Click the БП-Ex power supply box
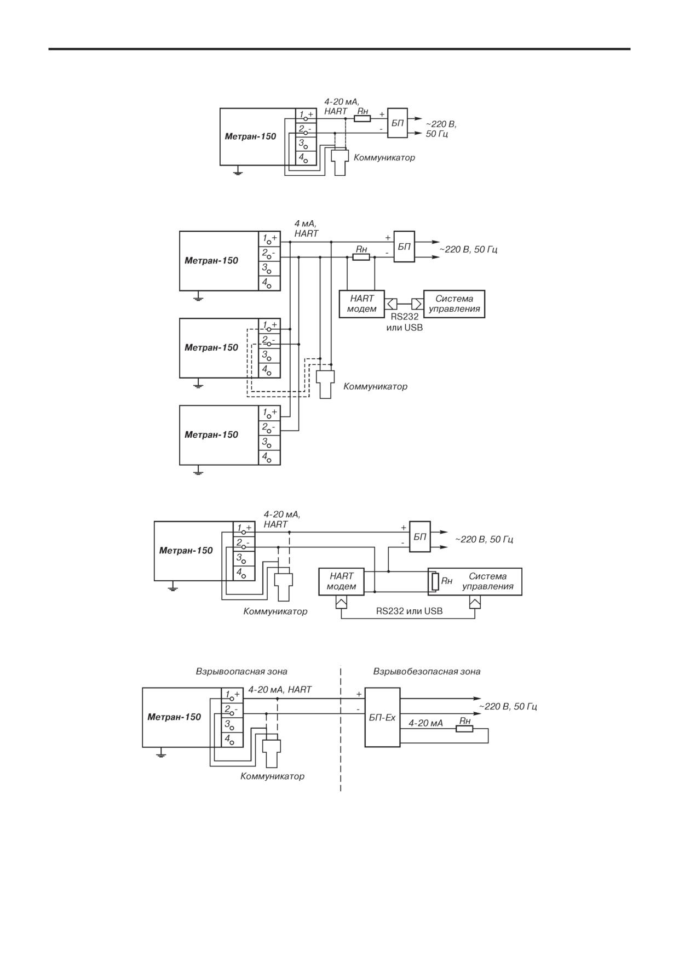[382, 717]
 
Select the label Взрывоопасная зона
[241, 671]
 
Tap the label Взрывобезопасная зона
[427, 671]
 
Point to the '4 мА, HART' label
[306, 228]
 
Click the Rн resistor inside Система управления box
[435, 581]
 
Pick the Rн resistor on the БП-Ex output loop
[465, 728]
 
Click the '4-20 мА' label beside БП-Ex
[425, 723]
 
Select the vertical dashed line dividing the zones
[341, 729]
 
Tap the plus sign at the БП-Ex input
[359, 694]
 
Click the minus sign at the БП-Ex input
[358, 709]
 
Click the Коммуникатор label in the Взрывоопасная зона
[272, 776]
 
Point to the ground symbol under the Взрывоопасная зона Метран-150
[160, 754]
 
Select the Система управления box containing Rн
[475, 581]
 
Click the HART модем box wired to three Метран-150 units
[362, 304]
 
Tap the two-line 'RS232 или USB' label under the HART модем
[405, 322]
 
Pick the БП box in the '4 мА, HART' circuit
[404, 247]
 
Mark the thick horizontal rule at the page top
[339, 49]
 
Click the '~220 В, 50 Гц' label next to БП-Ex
[508, 707]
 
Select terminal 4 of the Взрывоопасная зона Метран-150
[232, 740]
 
